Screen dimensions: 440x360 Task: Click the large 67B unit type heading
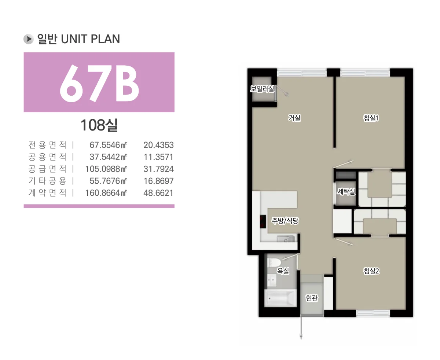(x=99, y=84)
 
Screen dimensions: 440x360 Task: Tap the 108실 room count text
(x=99, y=125)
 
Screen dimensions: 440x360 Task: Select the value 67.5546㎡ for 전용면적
(x=108, y=145)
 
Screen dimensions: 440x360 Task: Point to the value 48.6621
(x=158, y=193)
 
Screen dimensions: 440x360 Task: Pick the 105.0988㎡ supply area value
(x=106, y=169)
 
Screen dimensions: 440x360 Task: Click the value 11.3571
(x=158, y=157)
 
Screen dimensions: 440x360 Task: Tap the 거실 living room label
(x=294, y=118)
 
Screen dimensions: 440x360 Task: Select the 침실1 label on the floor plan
(x=371, y=118)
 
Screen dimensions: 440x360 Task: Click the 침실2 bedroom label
(x=371, y=271)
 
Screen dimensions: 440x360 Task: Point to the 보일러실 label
(x=262, y=89)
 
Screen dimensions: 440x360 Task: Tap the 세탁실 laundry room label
(x=346, y=191)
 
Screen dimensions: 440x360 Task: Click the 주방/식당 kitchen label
(x=285, y=220)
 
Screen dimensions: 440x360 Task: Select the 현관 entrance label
(x=312, y=298)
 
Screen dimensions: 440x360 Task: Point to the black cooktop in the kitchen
(x=263, y=221)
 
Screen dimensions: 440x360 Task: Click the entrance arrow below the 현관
(x=301, y=327)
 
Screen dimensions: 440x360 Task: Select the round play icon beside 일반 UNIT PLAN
(x=28, y=39)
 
